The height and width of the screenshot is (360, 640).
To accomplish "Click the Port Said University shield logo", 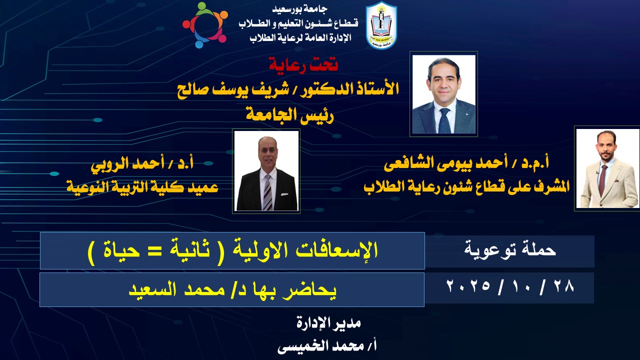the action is (381, 25).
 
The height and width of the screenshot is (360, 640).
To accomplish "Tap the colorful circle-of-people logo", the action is (205, 25).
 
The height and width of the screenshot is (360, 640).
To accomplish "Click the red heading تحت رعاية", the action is (303, 65).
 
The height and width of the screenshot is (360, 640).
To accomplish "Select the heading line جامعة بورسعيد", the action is (299, 9).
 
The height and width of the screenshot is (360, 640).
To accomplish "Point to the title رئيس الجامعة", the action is (290, 115).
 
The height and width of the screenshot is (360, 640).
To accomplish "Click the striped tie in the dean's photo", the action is (267, 192).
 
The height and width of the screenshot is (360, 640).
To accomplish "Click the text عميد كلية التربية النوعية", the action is (142, 187).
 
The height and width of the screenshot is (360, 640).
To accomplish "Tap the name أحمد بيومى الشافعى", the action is (445, 163).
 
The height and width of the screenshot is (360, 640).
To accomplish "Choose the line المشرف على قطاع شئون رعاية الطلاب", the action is (466, 186).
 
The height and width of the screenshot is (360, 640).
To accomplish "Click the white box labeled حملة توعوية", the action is (509, 251).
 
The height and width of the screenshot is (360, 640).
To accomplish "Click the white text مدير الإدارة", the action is (328, 323).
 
